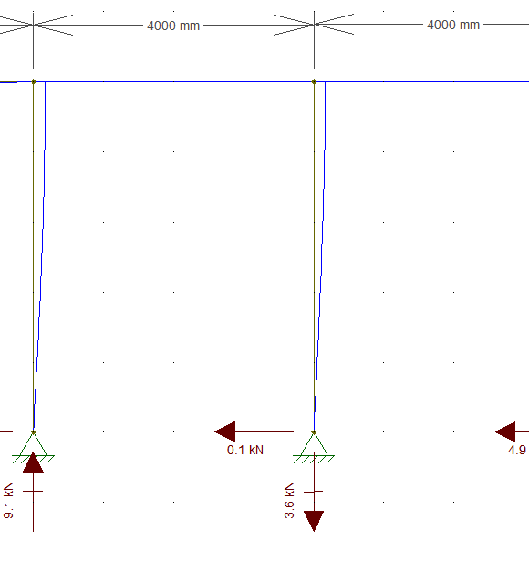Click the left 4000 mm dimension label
[173, 26]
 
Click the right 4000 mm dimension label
[453, 25]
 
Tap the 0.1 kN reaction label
[245, 450]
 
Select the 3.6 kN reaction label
[289, 500]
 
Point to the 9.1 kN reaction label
[8, 500]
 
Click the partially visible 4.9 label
[517, 450]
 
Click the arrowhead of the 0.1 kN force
[225, 431]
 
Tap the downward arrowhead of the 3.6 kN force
[314, 521]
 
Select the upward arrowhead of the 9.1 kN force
[33, 462]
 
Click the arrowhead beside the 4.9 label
[505, 431]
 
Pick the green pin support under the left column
[33, 447]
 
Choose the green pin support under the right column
[314, 447]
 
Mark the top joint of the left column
[34, 82]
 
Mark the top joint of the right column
[314, 82]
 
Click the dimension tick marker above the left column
[33, 25]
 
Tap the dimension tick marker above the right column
[314, 25]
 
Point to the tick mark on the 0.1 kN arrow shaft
[254, 431]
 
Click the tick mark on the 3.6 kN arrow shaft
[314, 492]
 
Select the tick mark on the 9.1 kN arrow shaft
[33, 492]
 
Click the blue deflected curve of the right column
[320, 256]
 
